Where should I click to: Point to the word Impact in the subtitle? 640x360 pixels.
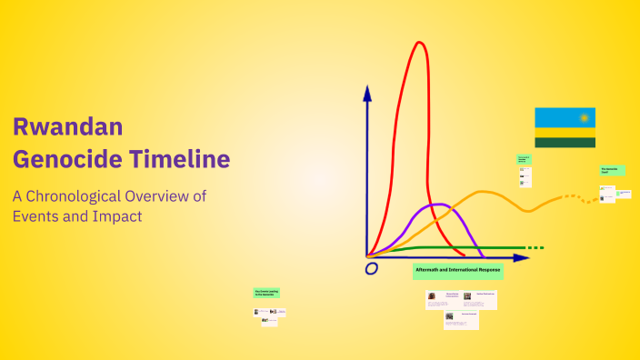pyautogui.click(x=117, y=216)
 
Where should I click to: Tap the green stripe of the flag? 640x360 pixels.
pyautogui.click(x=565, y=142)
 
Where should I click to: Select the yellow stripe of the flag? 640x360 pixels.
pyautogui.click(x=565, y=133)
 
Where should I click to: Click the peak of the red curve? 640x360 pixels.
pyautogui.click(x=419, y=43)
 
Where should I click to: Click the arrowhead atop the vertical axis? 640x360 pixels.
pyautogui.click(x=367, y=92)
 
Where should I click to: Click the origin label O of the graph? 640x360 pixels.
pyautogui.click(x=371, y=269)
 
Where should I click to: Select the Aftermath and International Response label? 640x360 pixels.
pyautogui.click(x=457, y=271)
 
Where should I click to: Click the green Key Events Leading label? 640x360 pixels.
pyautogui.click(x=266, y=293)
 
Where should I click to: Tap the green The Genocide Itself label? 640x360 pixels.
pyautogui.click(x=611, y=170)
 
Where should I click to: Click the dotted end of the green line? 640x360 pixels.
pyautogui.click(x=535, y=247)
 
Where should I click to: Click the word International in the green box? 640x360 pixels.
pyautogui.click(x=462, y=271)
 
